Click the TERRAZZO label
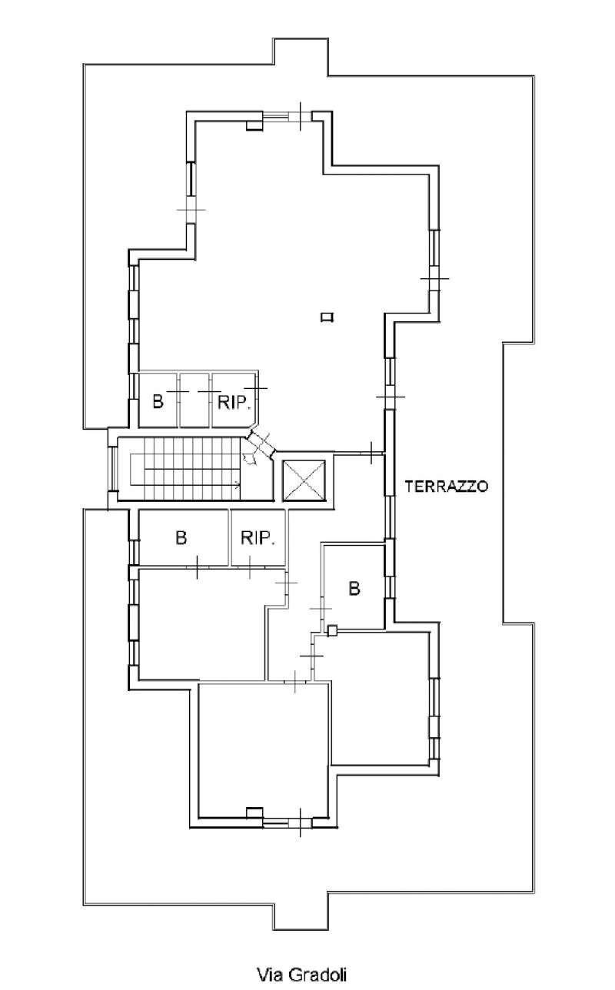pos(447,486)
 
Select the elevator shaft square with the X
pos(304,480)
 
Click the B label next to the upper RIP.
pos(158,402)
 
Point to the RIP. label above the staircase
pos(234,402)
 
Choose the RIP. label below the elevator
pos(258,538)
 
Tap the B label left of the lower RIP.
pos(181,538)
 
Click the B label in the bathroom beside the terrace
pos(354,588)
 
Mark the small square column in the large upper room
pos(327,317)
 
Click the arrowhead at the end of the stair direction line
pos(238,485)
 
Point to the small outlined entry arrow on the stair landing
pos(249,458)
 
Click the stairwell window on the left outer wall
pos(114,469)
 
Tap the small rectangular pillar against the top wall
pos(254,125)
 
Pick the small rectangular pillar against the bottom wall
pos(254,812)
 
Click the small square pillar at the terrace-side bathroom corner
pos(331,631)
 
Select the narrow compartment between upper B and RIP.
pos(195,400)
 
